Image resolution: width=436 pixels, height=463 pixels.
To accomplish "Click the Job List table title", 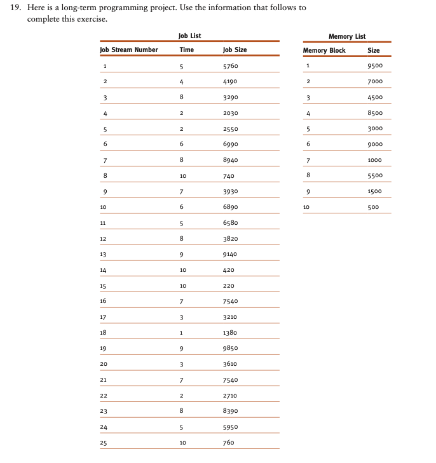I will coord(189,36).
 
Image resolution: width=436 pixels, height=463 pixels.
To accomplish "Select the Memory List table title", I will coord(346,36).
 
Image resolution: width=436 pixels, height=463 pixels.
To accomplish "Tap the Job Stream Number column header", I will coord(129,50).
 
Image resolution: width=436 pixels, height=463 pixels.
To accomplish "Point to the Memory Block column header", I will coord(324,50).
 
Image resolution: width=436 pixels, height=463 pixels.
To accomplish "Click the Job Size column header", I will coord(235,50).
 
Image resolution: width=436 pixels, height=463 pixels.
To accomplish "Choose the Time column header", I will coord(186,50).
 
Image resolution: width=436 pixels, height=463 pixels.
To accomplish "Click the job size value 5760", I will coord(231,66).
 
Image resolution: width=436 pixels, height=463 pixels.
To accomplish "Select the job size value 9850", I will coord(231,348).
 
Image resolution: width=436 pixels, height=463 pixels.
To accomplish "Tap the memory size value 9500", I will coord(374,66).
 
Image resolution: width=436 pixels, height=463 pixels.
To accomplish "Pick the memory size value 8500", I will coord(374,113).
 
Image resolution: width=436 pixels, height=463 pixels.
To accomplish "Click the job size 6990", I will coord(231,144).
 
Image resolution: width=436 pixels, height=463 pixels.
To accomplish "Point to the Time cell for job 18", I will coord(181,333).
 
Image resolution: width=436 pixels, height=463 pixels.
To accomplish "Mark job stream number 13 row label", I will coord(104,254).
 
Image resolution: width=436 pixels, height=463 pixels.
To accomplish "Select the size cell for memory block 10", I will coord(374,207).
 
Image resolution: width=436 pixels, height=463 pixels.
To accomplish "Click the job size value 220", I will coord(229,286).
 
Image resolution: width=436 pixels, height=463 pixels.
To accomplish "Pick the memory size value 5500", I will coord(374,176).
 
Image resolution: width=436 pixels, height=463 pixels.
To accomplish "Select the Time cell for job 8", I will coord(182,176).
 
